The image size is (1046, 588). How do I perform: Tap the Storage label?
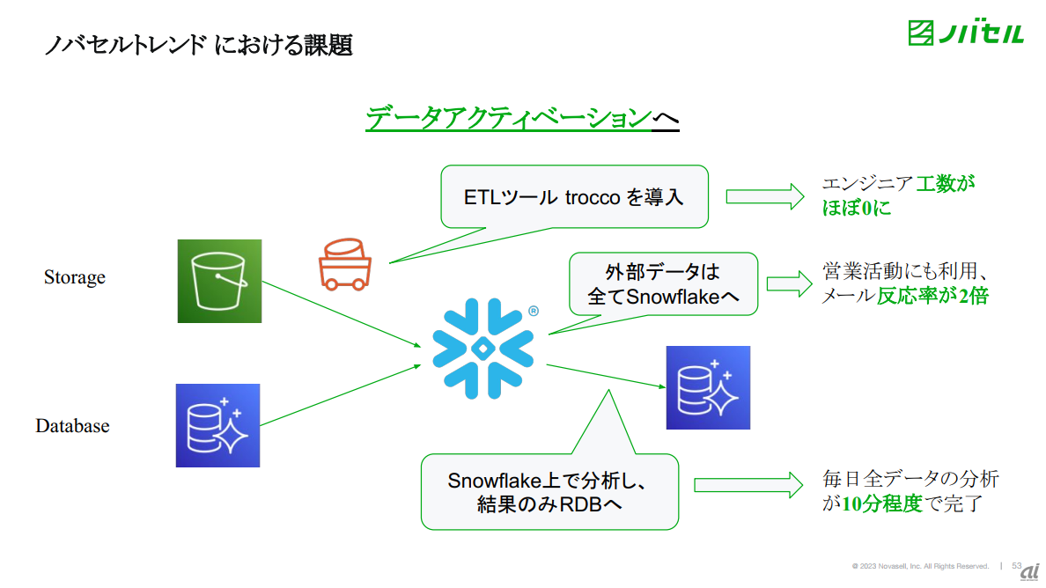[x=75, y=277]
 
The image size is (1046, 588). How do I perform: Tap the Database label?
[x=72, y=426]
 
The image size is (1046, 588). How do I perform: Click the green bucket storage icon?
[x=219, y=281]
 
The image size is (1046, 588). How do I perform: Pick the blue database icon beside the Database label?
[x=217, y=425]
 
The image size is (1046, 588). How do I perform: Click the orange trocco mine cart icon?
[x=343, y=263]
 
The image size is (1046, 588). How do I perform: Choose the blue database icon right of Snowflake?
[x=708, y=387]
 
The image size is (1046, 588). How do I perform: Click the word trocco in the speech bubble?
[x=591, y=196]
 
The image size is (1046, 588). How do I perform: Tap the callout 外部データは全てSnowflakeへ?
[x=663, y=283]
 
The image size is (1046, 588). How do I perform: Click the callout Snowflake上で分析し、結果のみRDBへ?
[x=549, y=492]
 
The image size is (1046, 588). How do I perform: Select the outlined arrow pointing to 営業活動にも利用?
[x=788, y=283]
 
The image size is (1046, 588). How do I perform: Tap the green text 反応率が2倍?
[x=932, y=296]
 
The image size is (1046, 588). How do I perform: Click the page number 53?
[x=1017, y=565]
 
